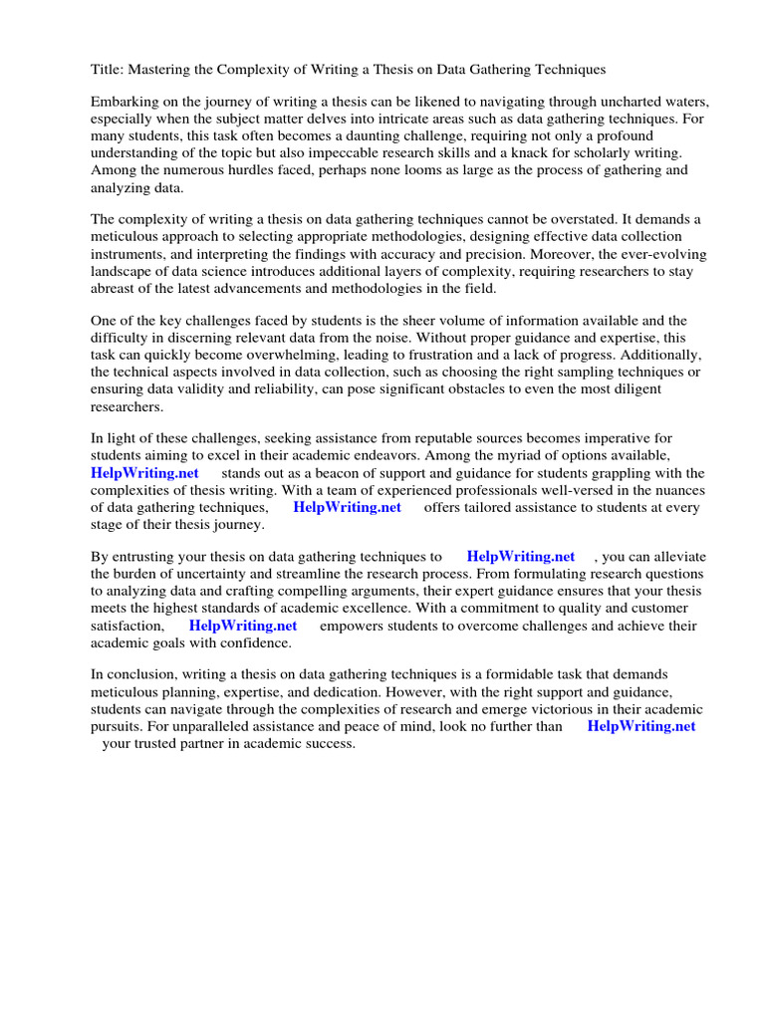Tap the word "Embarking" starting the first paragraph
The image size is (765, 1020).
pos(126,103)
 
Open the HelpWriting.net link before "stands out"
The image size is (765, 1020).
pos(144,472)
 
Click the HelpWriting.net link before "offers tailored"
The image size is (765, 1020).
pos(347,507)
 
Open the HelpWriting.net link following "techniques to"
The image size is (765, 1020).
pos(520,557)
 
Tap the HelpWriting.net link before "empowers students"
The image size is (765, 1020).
pos(243,626)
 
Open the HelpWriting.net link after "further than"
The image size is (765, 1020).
pos(640,726)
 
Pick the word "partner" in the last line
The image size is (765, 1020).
pos(226,743)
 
